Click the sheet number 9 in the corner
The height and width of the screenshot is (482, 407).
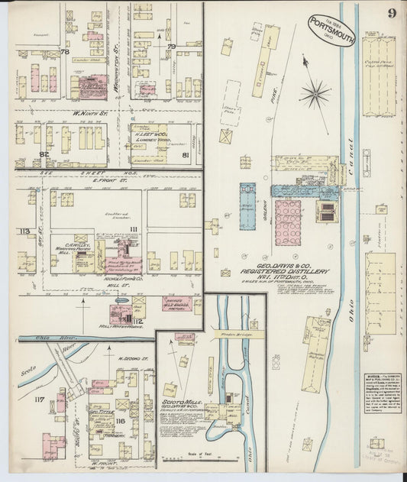click(x=390, y=13)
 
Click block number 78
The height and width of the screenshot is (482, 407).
click(x=65, y=52)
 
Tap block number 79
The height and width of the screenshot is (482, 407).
click(x=172, y=47)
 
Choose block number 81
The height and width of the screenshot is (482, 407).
click(x=185, y=155)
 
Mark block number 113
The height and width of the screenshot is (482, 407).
click(x=24, y=231)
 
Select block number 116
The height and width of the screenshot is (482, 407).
click(x=120, y=421)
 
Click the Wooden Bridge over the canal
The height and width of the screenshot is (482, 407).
click(x=228, y=334)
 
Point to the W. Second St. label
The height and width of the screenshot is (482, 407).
click(x=131, y=357)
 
